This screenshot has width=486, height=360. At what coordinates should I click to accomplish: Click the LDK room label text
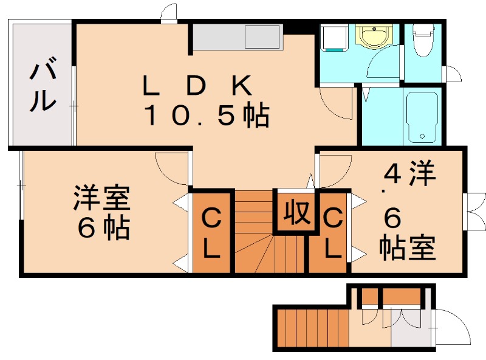[196, 87]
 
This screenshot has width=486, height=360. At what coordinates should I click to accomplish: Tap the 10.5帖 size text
[207, 116]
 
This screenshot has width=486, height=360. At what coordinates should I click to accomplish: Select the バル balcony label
[41, 86]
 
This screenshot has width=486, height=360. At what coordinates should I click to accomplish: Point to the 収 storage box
[296, 213]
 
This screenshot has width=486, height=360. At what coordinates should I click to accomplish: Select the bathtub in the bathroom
[422, 116]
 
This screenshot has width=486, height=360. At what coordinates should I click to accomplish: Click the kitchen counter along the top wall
[237, 38]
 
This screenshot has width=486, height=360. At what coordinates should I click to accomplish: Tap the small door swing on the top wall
[169, 13]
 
